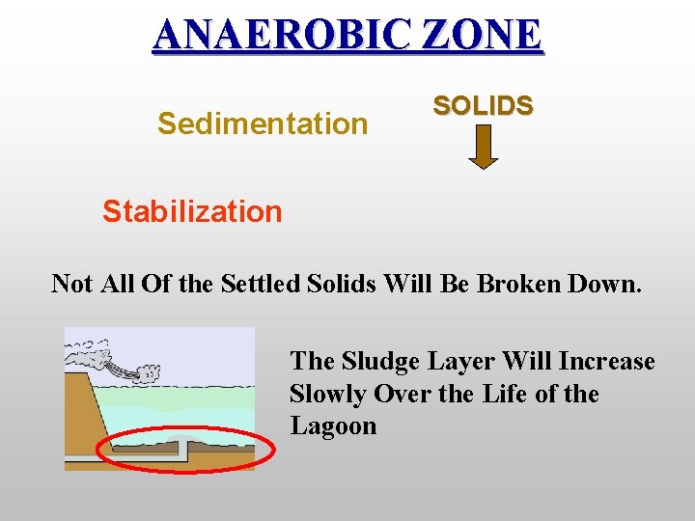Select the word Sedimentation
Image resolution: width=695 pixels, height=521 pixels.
tap(263, 124)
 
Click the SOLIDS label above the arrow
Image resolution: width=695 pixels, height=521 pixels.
tap(483, 106)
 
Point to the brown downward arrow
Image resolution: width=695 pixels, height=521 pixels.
tap(483, 148)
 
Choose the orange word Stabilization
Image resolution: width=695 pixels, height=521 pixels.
tap(192, 211)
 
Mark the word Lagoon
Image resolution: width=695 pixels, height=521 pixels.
tap(333, 427)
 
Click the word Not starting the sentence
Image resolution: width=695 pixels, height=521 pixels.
tap(72, 284)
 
